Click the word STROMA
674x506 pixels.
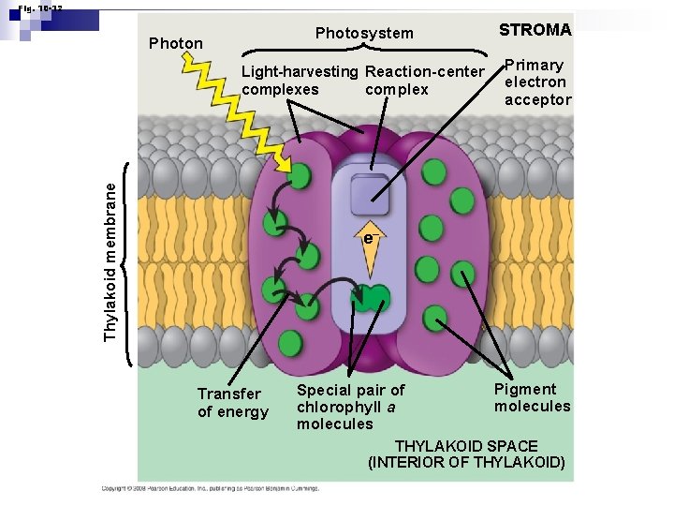click(535, 30)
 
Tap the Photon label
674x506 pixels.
click(176, 43)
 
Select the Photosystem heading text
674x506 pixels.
click(364, 34)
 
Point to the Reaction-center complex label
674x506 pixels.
click(424, 81)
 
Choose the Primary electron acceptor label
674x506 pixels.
click(537, 82)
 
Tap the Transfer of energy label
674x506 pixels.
click(232, 403)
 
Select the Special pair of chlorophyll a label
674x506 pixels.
click(350, 407)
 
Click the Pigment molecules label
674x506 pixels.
click(532, 397)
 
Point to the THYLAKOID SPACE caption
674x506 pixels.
click(466, 454)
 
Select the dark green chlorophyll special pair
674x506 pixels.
click(370, 299)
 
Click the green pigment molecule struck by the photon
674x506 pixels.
click(300, 175)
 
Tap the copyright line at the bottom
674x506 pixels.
click(211, 488)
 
